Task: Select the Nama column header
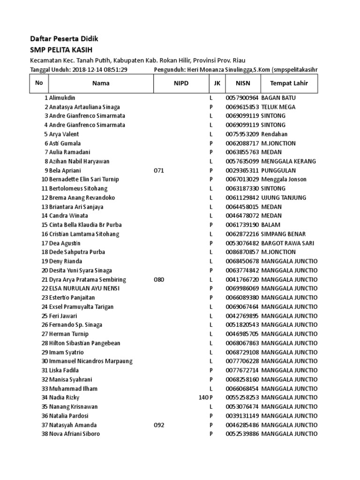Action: tap(101, 83)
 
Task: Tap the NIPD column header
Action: tap(180, 83)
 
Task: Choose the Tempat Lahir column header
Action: tap(287, 83)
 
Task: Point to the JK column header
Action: tap(216, 83)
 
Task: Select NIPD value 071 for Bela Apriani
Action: tap(159, 171)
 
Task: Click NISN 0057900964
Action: tap(242, 98)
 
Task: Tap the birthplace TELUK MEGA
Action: tap(278, 107)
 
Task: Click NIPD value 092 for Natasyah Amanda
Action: tap(159, 425)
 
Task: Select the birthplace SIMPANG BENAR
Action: tap(284, 234)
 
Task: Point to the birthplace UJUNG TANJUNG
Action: tap(284, 198)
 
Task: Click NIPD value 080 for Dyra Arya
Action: tap(159, 280)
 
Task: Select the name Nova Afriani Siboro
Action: tap(75, 434)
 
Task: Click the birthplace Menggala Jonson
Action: tap(284, 180)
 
